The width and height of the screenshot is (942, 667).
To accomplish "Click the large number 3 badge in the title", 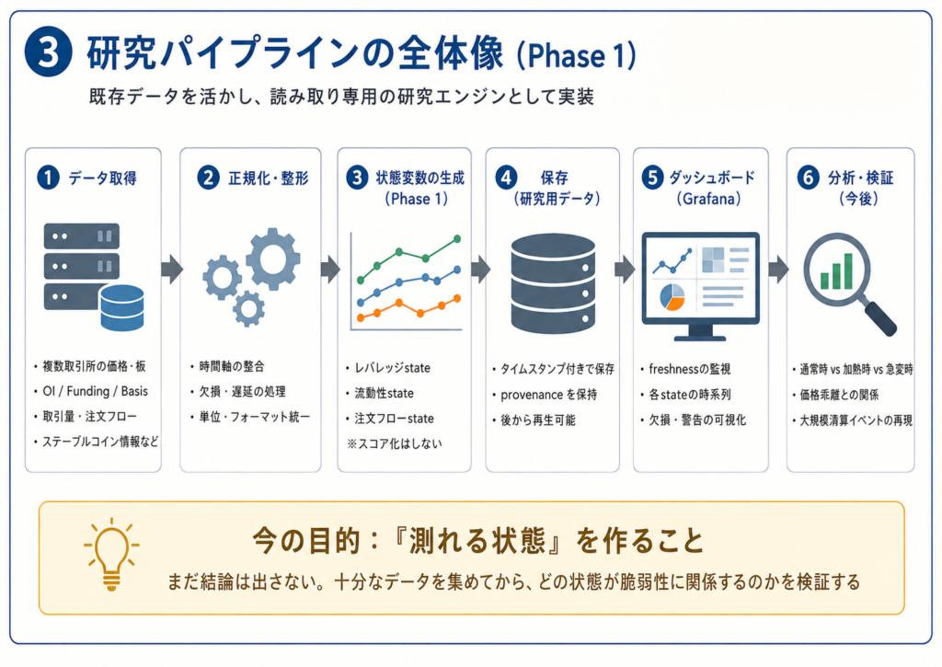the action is pyautogui.click(x=48, y=52).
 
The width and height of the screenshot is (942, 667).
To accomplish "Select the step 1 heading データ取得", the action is pyautogui.click(x=103, y=178).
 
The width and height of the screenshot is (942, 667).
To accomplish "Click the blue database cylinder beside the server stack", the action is pyautogui.click(x=122, y=307).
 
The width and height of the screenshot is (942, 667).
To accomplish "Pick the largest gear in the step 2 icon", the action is pyautogui.click(x=273, y=259).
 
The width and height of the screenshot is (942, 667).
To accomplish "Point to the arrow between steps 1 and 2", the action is pyautogui.click(x=172, y=270).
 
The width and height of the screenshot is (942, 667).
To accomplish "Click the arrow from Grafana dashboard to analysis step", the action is pyautogui.click(x=778, y=270).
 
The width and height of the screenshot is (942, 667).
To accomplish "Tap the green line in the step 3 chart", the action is pyautogui.click(x=409, y=259).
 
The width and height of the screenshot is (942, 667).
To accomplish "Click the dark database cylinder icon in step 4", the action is pyautogui.click(x=553, y=283).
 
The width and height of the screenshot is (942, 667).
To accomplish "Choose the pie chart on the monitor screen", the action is pyautogui.click(x=672, y=297).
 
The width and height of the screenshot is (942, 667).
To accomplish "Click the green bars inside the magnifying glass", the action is pyautogui.click(x=837, y=272).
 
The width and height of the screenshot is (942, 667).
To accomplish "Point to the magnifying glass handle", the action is pyautogui.click(x=880, y=318).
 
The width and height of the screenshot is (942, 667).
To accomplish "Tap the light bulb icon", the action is pyautogui.click(x=111, y=554).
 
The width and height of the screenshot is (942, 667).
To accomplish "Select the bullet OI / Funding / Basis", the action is pyautogui.click(x=95, y=391).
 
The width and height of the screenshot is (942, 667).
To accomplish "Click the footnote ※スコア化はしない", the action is pyautogui.click(x=394, y=444).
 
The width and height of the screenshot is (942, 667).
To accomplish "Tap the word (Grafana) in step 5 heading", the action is pyautogui.click(x=708, y=199).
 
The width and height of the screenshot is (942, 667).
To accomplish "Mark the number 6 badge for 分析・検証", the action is pyautogui.click(x=808, y=178).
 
